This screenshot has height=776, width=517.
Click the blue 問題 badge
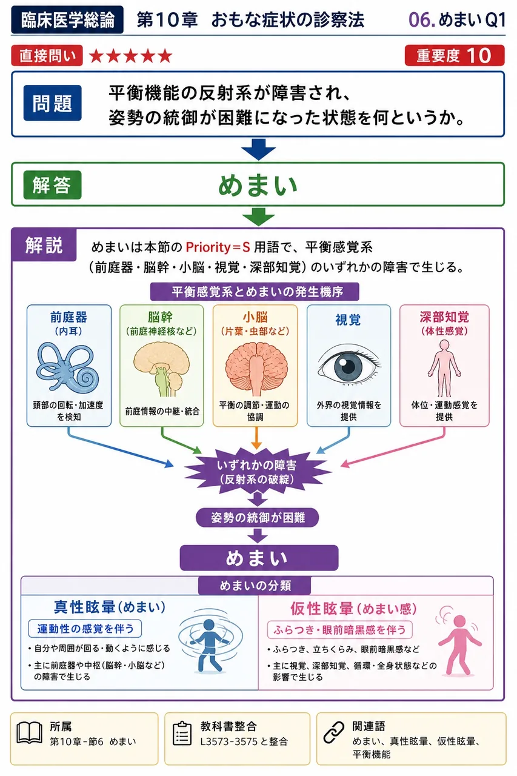[52, 103]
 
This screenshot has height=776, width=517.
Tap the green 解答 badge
[52, 185]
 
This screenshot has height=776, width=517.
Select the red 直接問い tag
[47, 55]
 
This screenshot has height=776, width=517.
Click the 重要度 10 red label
[455, 55]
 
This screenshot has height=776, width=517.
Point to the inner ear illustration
[68, 368]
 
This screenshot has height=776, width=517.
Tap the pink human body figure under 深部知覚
[444, 368]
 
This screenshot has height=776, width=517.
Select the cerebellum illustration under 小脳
[256, 369]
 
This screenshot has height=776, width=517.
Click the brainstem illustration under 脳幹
[162, 369]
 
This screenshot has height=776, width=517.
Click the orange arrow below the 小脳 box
[256, 438]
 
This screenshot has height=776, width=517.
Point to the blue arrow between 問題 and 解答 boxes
[258, 149]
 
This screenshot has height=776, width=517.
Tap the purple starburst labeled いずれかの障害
[257, 472]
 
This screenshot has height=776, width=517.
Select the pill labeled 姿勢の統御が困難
[258, 518]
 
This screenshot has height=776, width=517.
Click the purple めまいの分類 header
[255, 585]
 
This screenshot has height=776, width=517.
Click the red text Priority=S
[218, 247]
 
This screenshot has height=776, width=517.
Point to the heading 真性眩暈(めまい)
[110, 607]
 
